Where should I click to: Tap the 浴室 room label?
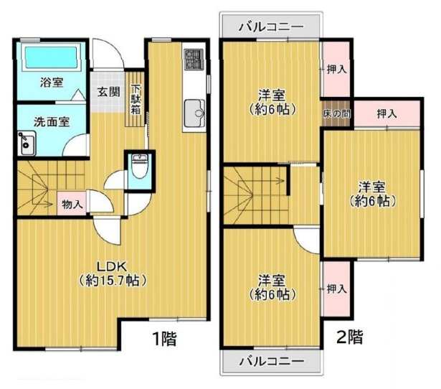(x=51, y=82)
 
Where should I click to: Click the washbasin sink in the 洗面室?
(x=27, y=144)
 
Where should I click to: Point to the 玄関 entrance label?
(x=110, y=91)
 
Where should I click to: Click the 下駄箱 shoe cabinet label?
(x=136, y=100)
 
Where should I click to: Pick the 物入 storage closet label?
(x=72, y=204)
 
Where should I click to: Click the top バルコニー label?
(x=271, y=27)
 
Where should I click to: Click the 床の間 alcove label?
(x=336, y=113)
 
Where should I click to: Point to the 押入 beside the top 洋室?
(x=336, y=70)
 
